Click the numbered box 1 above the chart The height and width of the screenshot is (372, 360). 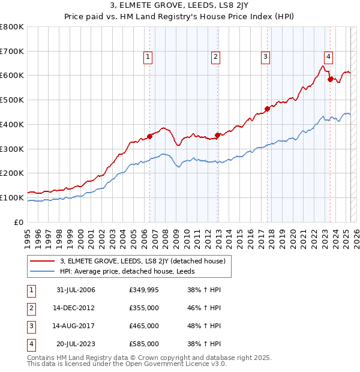[x=148, y=57]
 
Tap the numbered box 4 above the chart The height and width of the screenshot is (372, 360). [x=328, y=57]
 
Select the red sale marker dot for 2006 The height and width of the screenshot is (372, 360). [x=150, y=136]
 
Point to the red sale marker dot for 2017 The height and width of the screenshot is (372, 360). [x=267, y=108]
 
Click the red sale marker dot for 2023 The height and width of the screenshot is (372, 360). [x=330, y=79]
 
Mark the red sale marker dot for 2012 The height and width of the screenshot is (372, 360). [x=218, y=135]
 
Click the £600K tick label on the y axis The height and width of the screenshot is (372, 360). [x=11, y=76]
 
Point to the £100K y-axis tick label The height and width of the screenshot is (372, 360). [x=11, y=197]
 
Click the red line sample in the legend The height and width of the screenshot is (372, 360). [x=43, y=261]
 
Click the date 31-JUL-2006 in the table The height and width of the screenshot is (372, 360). [x=76, y=290]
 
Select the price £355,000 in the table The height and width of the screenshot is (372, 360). [x=144, y=308]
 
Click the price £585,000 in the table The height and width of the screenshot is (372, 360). [x=144, y=344]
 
